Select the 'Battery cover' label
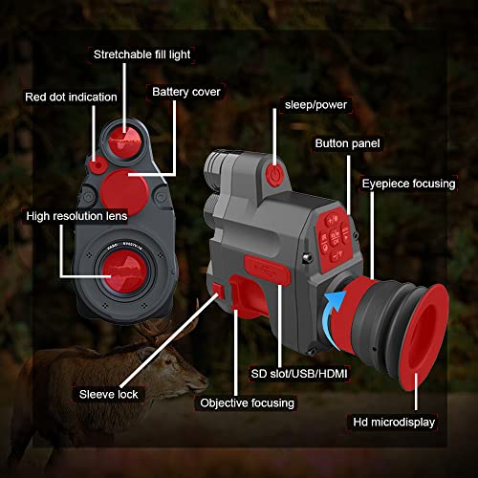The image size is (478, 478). point(186,92)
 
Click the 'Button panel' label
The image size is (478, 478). point(347,143)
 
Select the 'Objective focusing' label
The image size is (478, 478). point(247,402)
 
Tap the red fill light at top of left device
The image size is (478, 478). point(124,138)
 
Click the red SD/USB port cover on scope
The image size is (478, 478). point(267,269)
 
